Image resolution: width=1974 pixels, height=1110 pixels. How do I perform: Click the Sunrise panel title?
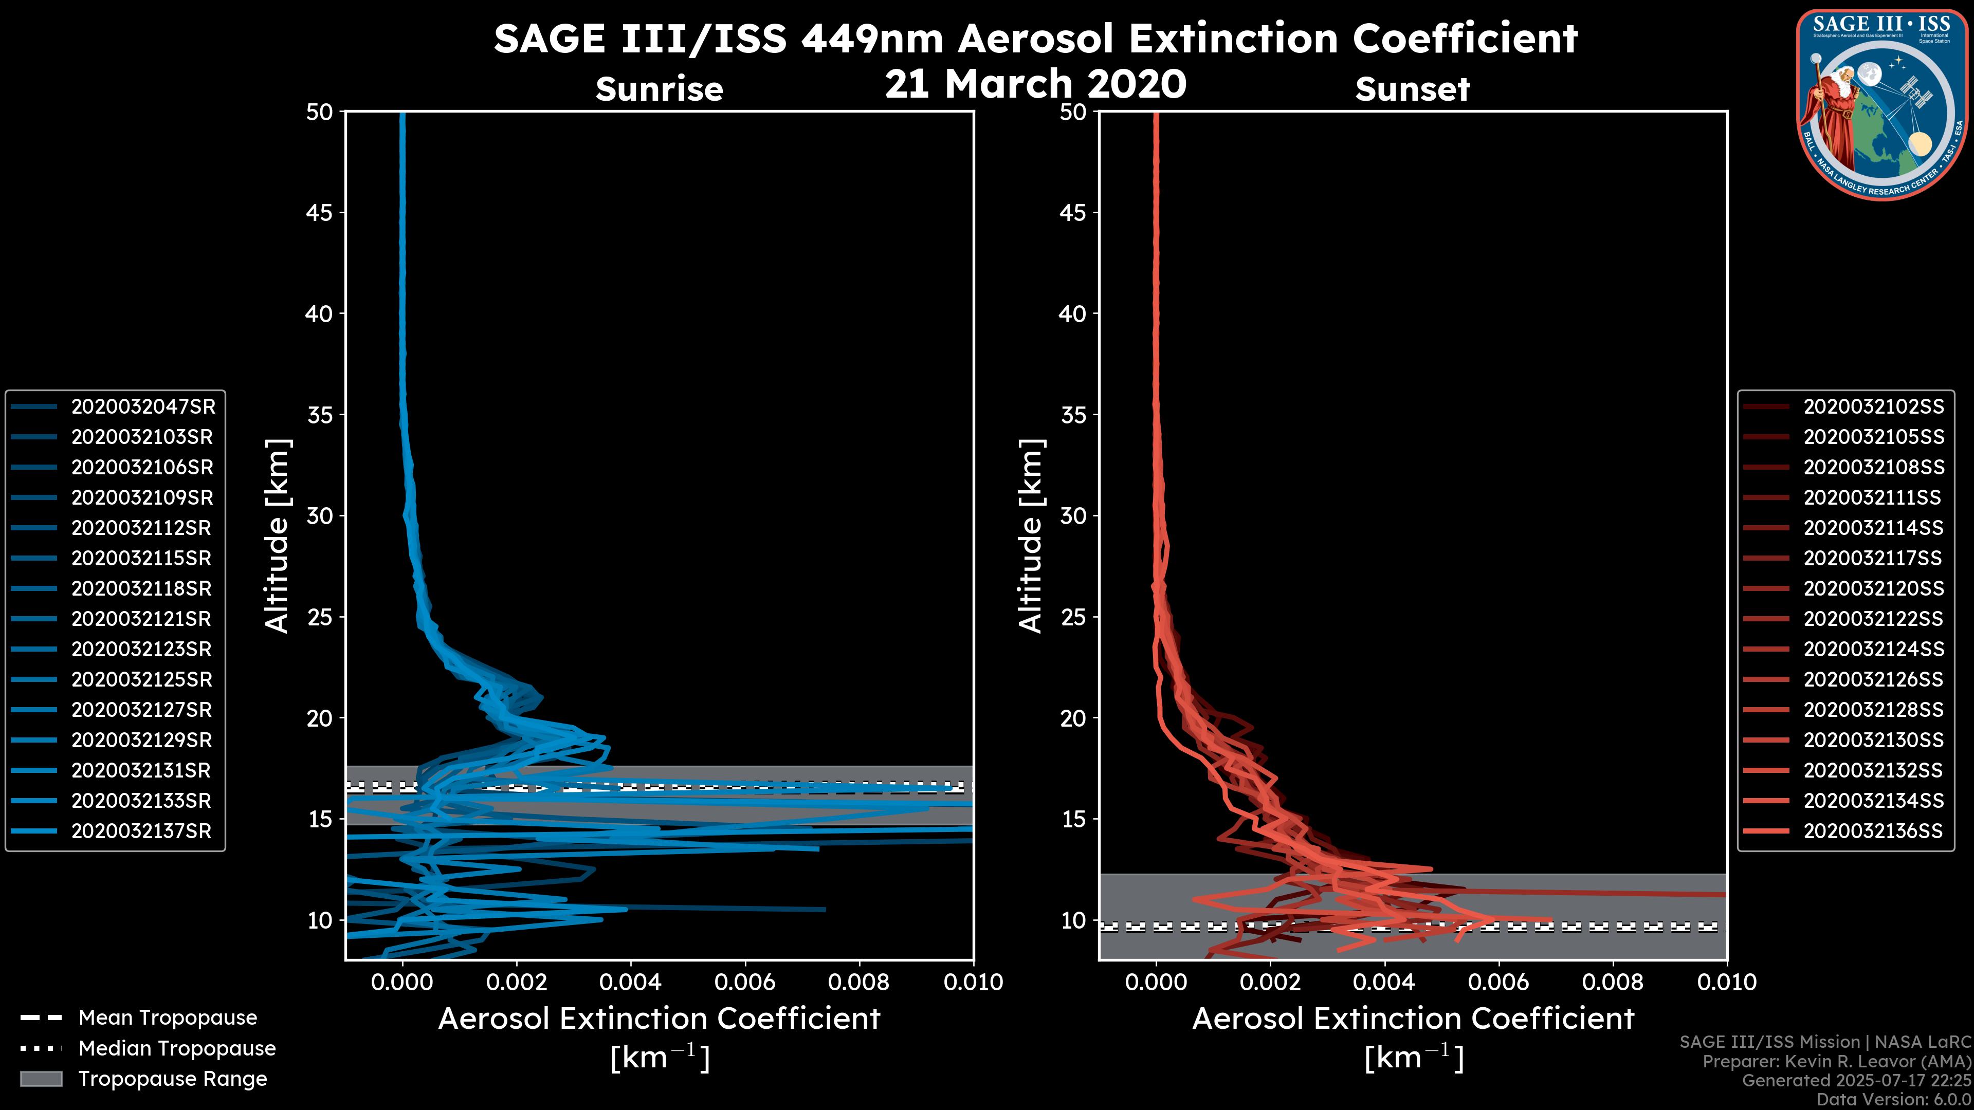pyautogui.click(x=659, y=89)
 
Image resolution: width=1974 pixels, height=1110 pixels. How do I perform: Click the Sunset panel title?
pyautogui.click(x=1412, y=89)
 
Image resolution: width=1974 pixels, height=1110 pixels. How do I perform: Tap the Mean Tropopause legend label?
pyautogui.click(x=168, y=1018)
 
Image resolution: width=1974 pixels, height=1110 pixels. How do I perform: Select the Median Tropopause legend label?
pyautogui.click(x=177, y=1049)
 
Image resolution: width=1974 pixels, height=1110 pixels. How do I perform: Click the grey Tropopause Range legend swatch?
pyautogui.click(x=41, y=1079)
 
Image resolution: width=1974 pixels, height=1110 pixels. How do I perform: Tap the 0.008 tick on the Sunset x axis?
pyautogui.click(x=1613, y=982)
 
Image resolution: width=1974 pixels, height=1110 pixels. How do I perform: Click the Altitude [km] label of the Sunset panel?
pyautogui.click(x=1031, y=536)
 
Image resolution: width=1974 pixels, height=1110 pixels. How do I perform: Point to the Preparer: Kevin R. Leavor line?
pyautogui.click(x=1836, y=1062)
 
